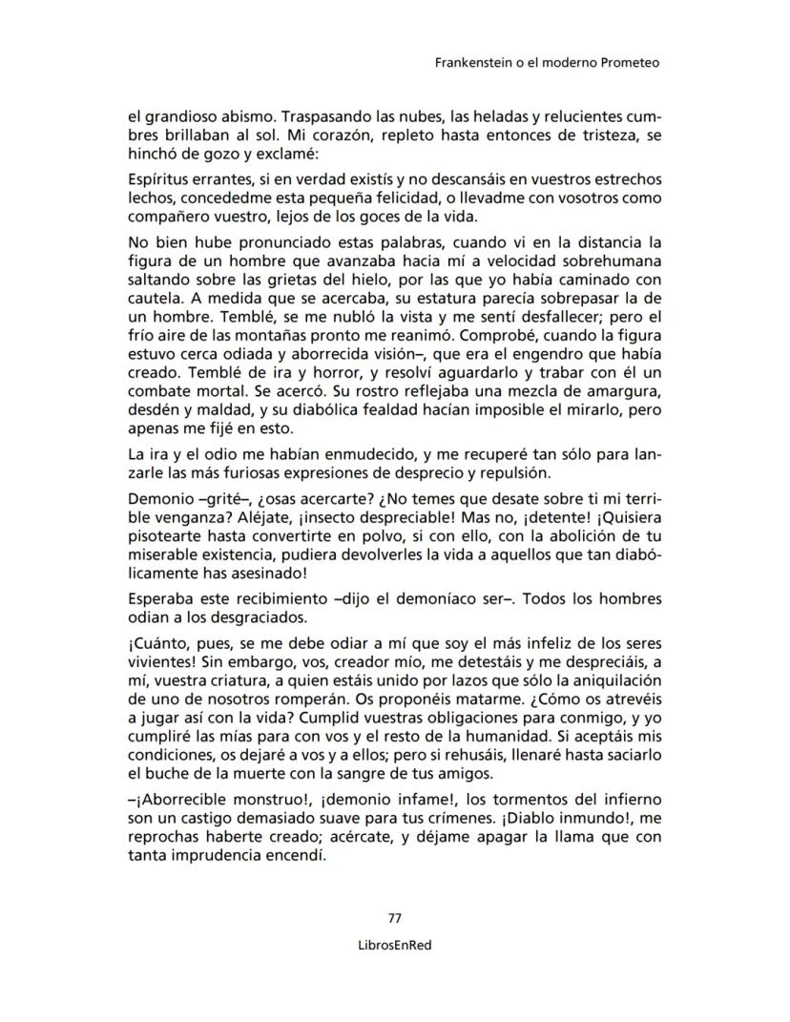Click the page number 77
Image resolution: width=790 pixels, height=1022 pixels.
(394, 918)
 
